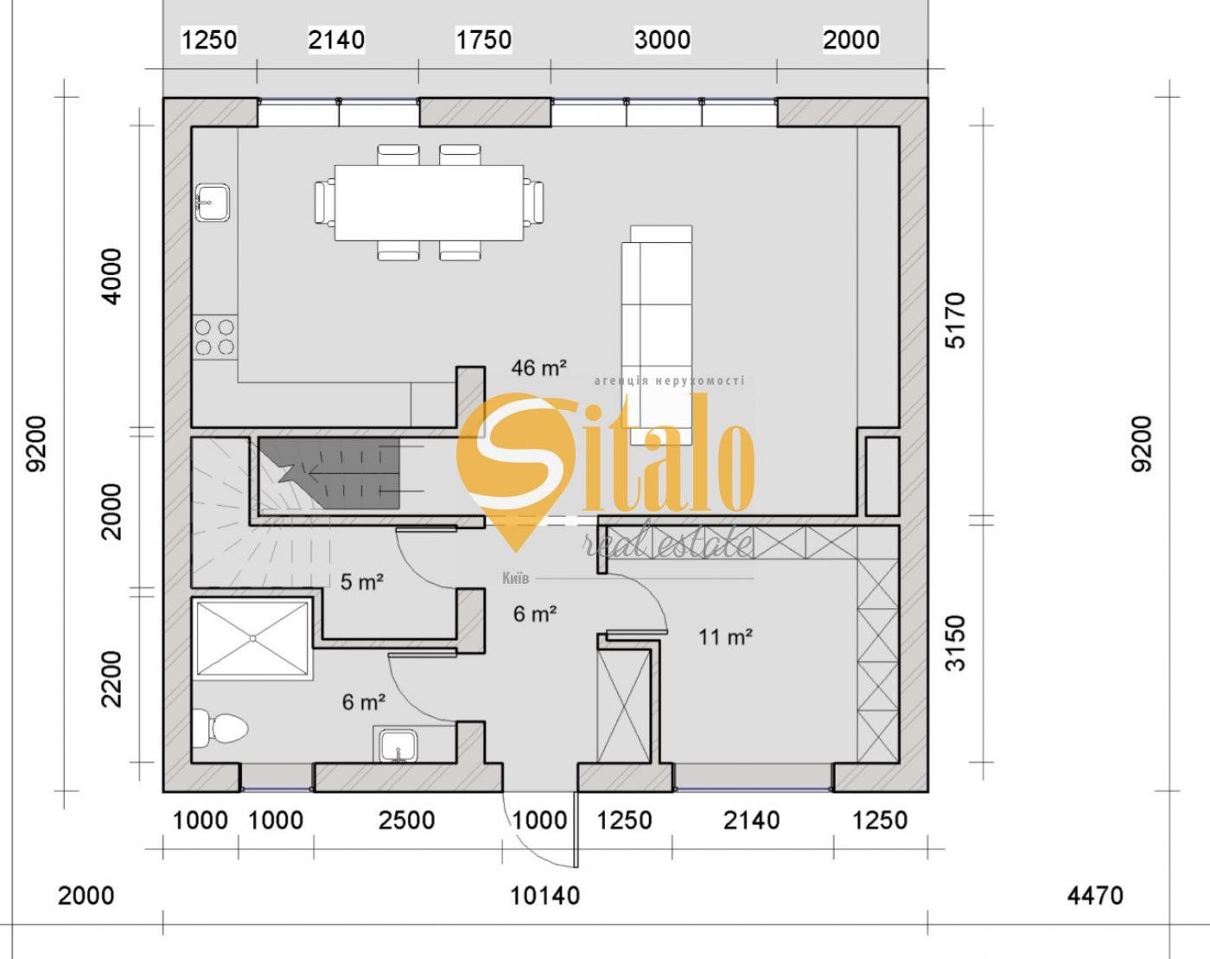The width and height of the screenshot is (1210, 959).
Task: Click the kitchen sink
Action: click(212, 202)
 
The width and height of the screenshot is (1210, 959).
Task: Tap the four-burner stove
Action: click(214, 337)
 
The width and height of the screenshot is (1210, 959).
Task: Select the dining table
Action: click(429, 202)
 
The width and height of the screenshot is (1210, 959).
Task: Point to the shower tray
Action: click(252, 639)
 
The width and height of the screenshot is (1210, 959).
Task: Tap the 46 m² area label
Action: click(538, 368)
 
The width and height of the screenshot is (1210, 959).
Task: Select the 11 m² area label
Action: click(725, 637)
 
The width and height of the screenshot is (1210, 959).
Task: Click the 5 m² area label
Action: click(361, 581)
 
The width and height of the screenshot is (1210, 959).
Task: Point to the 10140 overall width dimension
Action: click(544, 895)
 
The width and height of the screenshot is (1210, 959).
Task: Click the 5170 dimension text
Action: click(955, 320)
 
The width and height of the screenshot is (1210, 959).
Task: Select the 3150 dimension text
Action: click(955, 643)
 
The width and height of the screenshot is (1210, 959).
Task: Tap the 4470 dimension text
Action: click(1095, 895)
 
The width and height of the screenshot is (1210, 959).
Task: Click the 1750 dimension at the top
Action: click(483, 40)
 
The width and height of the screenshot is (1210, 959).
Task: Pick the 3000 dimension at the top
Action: click(662, 40)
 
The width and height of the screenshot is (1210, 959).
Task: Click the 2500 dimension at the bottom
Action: click(406, 821)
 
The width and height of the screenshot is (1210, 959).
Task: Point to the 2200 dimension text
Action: click(112, 680)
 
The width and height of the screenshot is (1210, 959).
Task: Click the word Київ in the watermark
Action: click(516, 579)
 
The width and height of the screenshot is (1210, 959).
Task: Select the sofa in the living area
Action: click(658, 336)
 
